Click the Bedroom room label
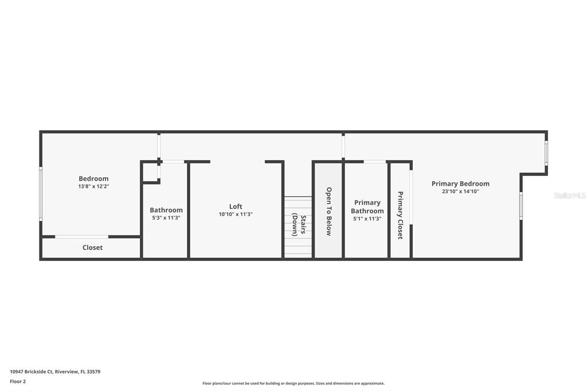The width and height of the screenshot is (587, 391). point(93,179)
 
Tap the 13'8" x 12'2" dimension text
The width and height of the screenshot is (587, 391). point(93,186)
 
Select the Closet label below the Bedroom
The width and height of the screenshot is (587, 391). point(92,248)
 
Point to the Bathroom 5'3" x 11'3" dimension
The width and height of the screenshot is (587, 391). point(166,218)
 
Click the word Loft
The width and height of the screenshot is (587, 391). point(236,206)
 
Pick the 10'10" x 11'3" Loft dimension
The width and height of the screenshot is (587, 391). point(236,214)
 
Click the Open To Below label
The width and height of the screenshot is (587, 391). point(328,211)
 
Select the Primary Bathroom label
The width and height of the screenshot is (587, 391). point(367,207)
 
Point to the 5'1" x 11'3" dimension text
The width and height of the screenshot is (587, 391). point(367,219)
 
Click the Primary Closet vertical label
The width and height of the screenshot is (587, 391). point(400,216)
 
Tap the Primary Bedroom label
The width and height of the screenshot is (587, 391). point(460,183)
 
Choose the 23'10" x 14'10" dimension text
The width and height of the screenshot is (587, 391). point(460,191)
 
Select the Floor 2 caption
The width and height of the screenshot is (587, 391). point(18,382)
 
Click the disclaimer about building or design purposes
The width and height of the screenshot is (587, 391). point(293,384)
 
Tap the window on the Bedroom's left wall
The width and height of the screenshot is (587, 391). point(41,194)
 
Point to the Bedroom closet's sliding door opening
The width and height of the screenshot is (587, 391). point(81,237)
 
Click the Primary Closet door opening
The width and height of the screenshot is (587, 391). point(410,197)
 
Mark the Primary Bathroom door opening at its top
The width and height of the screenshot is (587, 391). point(375,162)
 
